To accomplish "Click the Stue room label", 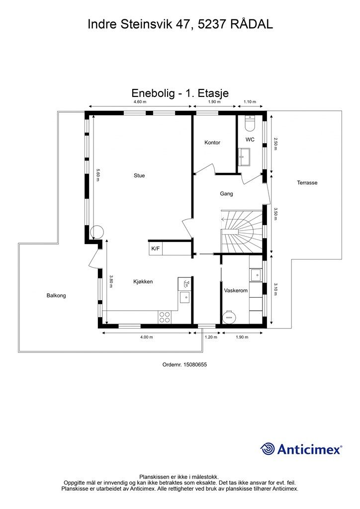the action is click(x=139, y=175).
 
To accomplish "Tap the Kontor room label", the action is click(x=212, y=143).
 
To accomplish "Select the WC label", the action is click(x=250, y=140).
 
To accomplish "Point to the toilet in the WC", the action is click(x=250, y=123).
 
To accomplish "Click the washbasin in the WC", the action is click(x=244, y=157).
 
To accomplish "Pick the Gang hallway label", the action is click(x=226, y=194).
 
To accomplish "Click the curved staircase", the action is click(x=242, y=231).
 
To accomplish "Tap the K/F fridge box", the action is click(x=156, y=249).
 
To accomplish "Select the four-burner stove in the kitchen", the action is click(x=165, y=317).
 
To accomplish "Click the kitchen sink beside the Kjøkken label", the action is click(x=184, y=297).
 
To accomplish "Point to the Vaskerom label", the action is click(x=236, y=290).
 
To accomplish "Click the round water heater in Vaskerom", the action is click(x=229, y=317).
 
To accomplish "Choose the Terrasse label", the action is click(x=307, y=183).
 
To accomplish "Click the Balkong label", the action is click(x=56, y=295).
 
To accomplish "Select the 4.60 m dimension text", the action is click(x=140, y=102).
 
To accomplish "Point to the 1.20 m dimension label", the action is click(x=211, y=337).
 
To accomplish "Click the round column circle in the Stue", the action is click(x=97, y=233).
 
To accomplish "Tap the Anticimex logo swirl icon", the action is click(x=267, y=449).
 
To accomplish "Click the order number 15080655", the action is click(x=195, y=364).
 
